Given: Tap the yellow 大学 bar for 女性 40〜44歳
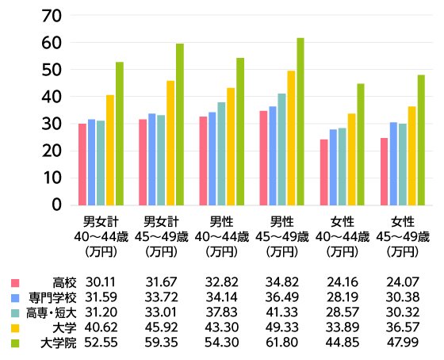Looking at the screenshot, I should tap(351, 159).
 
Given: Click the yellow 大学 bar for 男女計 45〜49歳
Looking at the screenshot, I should tap(170, 143).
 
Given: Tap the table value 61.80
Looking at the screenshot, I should tap(281, 343).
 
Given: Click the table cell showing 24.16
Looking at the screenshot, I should tap(342, 283).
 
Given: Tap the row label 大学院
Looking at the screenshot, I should tap(59, 343).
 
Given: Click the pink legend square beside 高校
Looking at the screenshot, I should tap(14, 283).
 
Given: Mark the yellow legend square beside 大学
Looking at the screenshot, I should tap(14, 328).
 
